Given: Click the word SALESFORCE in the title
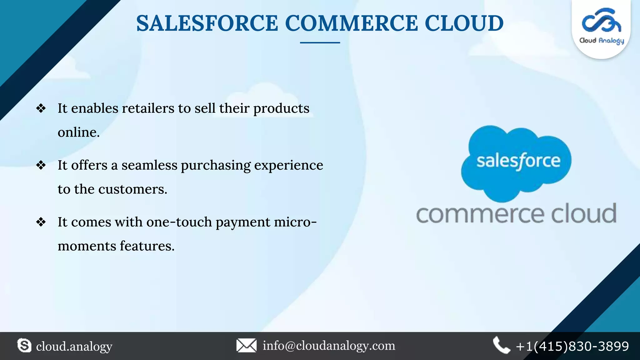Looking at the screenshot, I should coord(207,23).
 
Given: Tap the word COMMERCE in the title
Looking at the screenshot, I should coord(351,23).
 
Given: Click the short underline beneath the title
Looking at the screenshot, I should coord(320,42).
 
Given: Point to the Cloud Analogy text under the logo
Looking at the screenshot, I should coord(602,41).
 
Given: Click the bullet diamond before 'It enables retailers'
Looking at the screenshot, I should coord(41,108).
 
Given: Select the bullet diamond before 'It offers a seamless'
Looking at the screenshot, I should coord(41,165).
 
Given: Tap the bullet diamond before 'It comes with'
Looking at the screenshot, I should coord(41,222).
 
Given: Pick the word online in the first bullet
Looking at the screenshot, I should coord(78,132).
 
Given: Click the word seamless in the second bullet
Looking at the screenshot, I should coord(149,165).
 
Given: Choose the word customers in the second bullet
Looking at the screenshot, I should coord(132,189).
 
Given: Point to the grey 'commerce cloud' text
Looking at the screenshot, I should coord(516,214).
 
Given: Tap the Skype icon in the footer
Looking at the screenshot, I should coord(24,346).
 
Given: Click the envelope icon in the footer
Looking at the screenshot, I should coord(246,346).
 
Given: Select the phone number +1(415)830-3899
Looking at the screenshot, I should coord(572,346).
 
